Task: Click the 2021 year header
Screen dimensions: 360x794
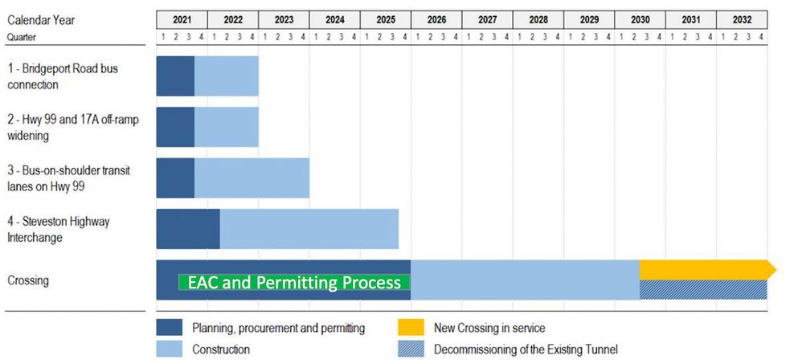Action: coord(182,19)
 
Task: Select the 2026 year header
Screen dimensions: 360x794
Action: coord(436,19)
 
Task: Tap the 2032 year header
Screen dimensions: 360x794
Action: coord(742,19)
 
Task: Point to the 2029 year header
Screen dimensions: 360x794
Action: coord(589,19)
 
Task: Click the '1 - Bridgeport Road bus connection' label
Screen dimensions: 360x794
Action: coord(63,76)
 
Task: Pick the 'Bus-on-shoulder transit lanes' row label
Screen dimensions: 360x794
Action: coord(68,178)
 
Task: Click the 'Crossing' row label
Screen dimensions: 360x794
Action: coord(28,280)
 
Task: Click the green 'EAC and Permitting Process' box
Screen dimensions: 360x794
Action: coord(294,283)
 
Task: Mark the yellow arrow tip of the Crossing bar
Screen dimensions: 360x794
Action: coord(772,270)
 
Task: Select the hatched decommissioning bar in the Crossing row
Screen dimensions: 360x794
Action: coord(703,289)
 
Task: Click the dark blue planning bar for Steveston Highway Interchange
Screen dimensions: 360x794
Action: coord(187,229)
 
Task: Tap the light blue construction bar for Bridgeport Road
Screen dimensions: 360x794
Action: coord(226,76)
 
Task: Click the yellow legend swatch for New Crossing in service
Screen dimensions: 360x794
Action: coord(411,328)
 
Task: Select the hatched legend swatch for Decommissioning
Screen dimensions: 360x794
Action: coord(411,350)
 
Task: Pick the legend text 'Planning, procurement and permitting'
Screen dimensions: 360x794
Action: coord(279,328)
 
